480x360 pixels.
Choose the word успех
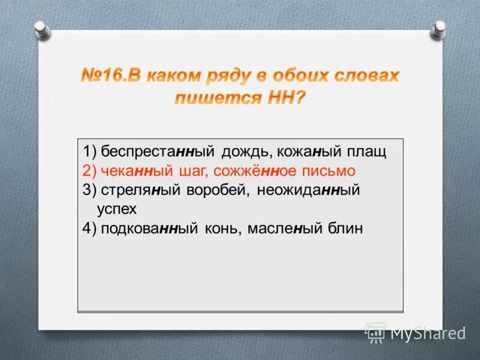pyautogui.click(x=117, y=209)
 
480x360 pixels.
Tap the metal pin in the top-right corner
pyautogui.click(x=440, y=28)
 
